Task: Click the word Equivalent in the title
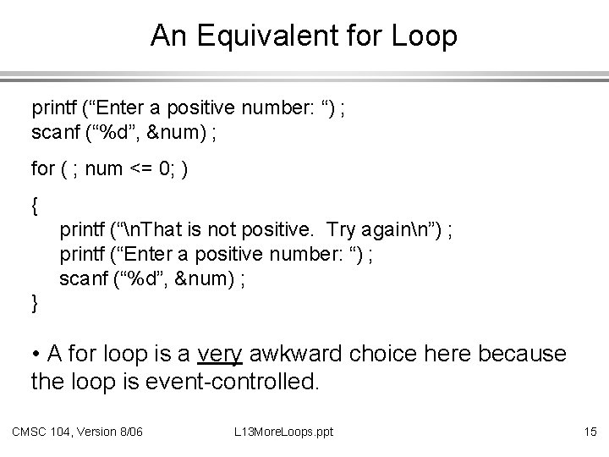[253, 36]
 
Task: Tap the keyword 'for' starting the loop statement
[41, 169]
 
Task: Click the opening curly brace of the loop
[35, 205]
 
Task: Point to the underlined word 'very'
[222, 353]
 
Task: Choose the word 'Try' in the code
[340, 228]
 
